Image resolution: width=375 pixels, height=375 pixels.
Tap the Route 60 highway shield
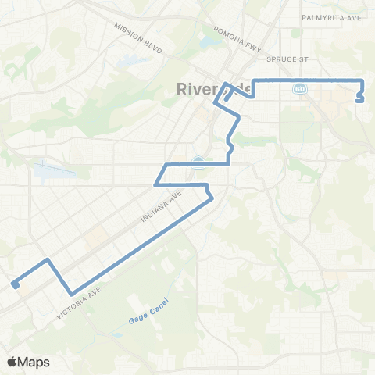point(299,90)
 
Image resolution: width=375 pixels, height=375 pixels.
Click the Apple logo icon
point(12,362)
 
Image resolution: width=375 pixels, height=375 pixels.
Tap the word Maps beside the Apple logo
point(34,362)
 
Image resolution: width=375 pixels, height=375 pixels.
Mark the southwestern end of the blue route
point(15,284)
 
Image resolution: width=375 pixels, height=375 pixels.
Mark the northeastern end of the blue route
point(359,99)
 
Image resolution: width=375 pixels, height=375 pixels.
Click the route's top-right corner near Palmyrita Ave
point(363,80)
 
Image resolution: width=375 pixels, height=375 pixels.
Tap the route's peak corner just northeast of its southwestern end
point(48,259)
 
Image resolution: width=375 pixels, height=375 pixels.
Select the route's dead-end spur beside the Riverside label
point(226,98)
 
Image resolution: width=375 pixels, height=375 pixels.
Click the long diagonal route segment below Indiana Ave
point(141,243)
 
